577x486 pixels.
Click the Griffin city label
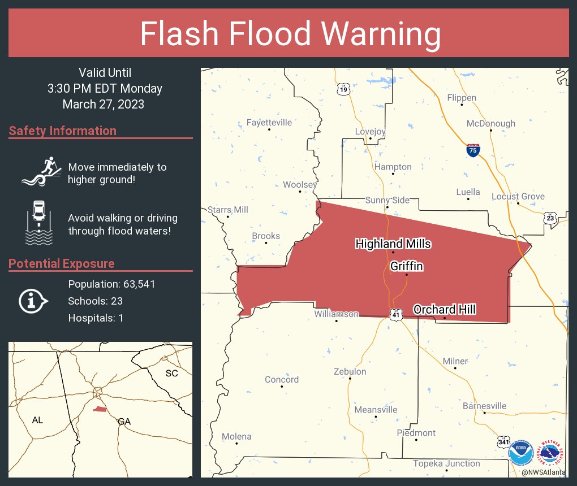406,266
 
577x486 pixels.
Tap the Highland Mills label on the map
393,244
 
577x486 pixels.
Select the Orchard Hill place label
444,310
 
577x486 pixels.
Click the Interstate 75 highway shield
473,150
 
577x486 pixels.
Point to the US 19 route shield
343,89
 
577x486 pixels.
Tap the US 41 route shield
397,314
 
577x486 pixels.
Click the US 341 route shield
502,440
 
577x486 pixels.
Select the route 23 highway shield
550,218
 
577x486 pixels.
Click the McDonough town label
490,124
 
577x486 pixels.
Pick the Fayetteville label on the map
269,123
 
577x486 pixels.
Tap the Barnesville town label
484,406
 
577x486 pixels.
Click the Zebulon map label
350,372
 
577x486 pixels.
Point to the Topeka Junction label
446,464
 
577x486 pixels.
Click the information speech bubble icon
33,301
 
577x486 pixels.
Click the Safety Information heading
63,131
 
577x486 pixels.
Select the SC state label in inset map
171,374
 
